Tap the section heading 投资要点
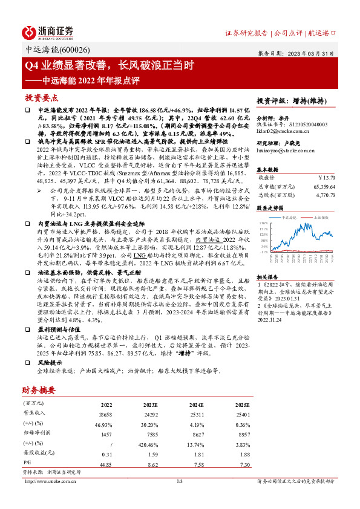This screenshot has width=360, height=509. (x=41, y=97)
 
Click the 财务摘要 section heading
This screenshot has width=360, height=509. (x=40, y=390)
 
